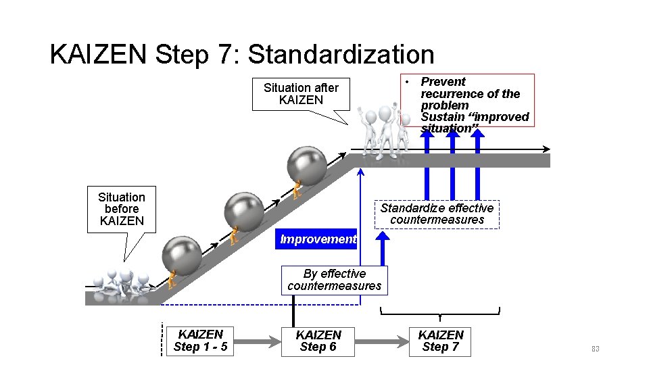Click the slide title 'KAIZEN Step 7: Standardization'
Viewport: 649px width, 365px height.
pos(242,55)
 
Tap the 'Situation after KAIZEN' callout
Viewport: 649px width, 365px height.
pos(301,94)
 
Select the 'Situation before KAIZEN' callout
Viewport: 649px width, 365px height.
pos(121,209)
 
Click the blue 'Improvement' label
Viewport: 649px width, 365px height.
pos(317,239)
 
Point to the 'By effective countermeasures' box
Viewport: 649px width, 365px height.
pos(334,280)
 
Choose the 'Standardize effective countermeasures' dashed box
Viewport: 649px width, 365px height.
pos(437,214)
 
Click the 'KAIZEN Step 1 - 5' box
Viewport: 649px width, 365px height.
pos(200,341)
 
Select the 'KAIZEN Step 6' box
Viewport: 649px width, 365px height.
pos(318,341)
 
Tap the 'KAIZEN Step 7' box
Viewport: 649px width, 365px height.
pos(441,341)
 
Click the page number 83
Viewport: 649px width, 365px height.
pos(595,349)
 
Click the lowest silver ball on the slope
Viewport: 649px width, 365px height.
pos(182,255)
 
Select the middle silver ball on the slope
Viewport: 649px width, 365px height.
pos(244,212)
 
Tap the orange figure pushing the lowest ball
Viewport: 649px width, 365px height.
pos(172,279)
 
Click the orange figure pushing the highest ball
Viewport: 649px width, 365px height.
pos(296,190)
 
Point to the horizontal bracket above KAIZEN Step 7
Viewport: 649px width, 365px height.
pos(440,313)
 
